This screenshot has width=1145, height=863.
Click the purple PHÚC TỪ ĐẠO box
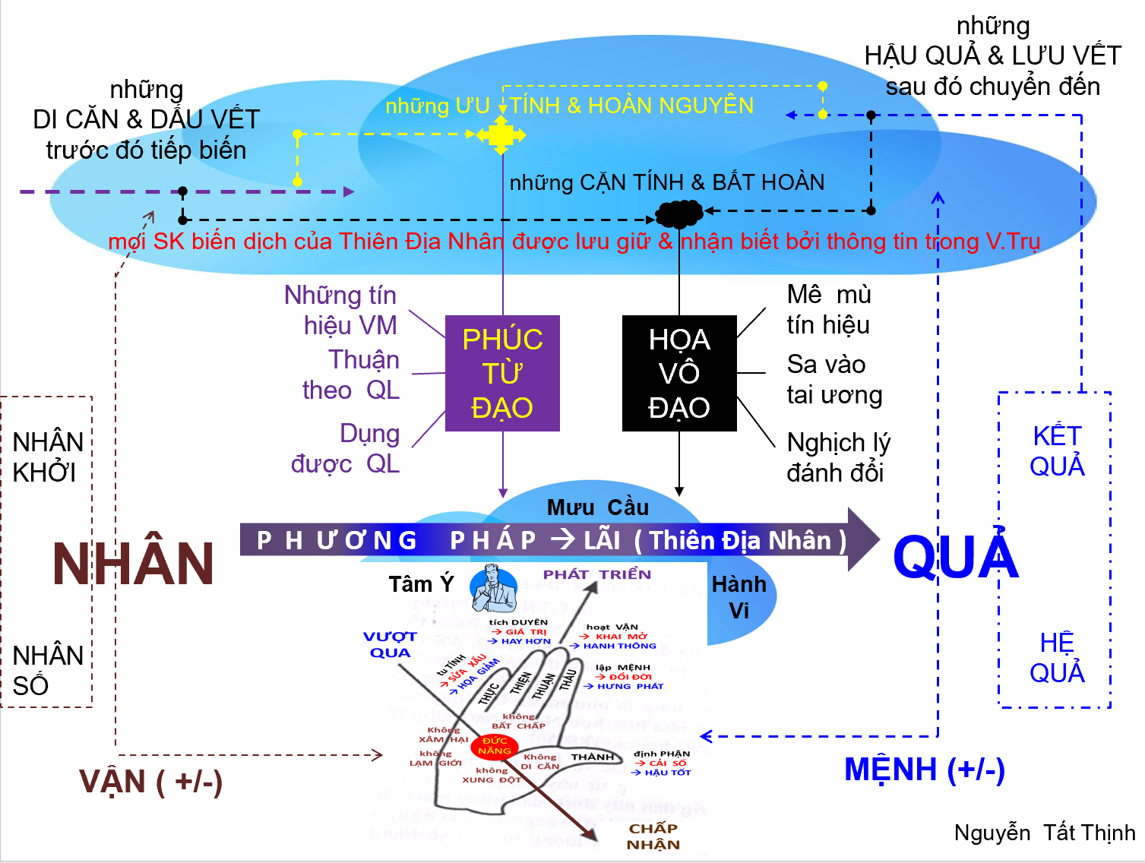(502, 373)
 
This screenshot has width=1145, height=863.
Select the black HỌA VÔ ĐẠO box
(679, 373)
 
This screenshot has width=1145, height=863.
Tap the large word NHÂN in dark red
(134, 564)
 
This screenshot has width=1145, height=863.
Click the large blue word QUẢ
(956, 556)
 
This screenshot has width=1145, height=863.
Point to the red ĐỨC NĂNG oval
(494, 746)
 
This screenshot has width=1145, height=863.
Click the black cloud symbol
(679, 213)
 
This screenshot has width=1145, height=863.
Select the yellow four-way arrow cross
(501, 135)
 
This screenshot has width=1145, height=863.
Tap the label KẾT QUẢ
(1057, 451)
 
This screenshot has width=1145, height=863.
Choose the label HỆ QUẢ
(1057, 658)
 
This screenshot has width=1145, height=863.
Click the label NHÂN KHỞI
(47, 457)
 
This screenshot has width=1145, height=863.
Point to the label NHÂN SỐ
(47, 670)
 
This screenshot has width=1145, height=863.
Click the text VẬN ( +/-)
(150, 782)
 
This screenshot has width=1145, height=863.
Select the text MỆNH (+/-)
(925, 770)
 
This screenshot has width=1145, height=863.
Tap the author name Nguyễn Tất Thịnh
(1045, 833)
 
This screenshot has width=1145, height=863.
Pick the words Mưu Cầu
(598, 507)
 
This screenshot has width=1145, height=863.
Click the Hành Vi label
(739, 597)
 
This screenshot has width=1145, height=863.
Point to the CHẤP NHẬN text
(653, 836)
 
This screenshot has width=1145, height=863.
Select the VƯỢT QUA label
(390, 644)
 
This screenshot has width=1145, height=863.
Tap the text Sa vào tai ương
(834, 380)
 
